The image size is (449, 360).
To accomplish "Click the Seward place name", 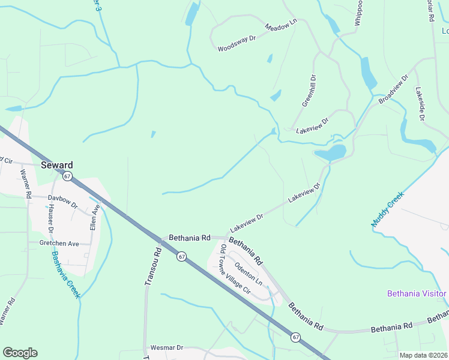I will click(57, 165).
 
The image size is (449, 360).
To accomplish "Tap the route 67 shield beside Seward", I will click(67, 176).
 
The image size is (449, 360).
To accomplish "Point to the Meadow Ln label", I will click(281, 27).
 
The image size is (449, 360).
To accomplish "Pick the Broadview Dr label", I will click(393, 89).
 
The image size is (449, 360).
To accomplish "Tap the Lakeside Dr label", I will click(420, 105).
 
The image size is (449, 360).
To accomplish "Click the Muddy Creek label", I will click(388, 209).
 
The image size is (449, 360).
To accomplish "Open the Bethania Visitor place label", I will click(417, 293).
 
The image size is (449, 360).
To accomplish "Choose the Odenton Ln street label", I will click(249, 273).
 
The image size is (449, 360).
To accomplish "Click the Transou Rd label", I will click(152, 267).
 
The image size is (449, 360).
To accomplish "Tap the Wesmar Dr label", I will click(167, 347).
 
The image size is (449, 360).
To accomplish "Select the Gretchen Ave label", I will click(59, 244).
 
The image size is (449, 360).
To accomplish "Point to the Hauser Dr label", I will click(50, 219).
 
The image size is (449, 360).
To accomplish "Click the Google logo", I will click(20, 353).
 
